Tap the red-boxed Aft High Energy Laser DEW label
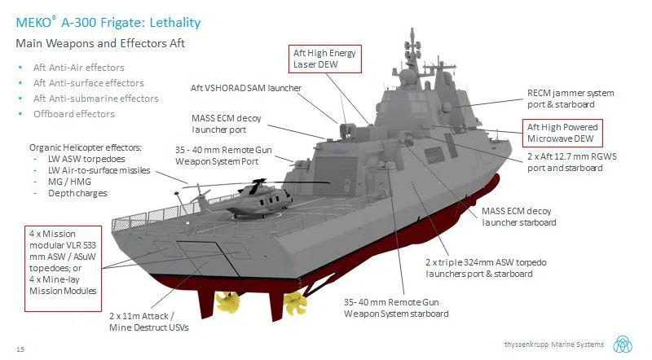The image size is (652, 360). pos(325,59)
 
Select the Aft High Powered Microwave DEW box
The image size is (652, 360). pos(562,133)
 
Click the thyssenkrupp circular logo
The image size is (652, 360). pos(623,345)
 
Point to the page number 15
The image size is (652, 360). pos(20,349)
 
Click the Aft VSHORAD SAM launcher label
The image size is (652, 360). pos(246,88)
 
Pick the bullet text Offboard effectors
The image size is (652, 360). pos(74,114)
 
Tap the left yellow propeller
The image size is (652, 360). pos(227,302)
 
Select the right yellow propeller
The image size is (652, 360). pos(295,304)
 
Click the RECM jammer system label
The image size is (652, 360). pos(570,99)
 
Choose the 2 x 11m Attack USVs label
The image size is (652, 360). pos(149,322)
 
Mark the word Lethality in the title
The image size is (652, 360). pos(175,23)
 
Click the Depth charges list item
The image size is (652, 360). pos(77,193)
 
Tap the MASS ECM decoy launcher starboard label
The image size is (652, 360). pos(519,217)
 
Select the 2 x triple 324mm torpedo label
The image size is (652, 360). pos(486,268)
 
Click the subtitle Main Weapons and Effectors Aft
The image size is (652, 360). pos(100,43)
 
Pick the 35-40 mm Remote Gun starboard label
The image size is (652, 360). pos(396,308)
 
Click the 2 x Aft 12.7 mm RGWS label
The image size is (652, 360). pos(572,162)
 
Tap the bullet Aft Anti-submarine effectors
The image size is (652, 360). pos(96,99)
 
